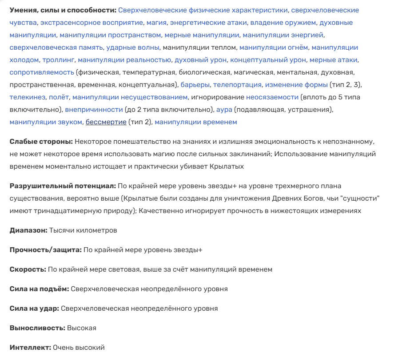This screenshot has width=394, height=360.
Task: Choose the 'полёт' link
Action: [59, 97]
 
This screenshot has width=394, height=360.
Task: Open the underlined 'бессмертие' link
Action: [106, 122]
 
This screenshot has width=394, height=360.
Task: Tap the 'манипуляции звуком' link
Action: [46, 122]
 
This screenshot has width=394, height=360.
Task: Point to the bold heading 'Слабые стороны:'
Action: [41, 142]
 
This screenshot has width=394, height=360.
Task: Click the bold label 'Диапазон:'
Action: [28, 231]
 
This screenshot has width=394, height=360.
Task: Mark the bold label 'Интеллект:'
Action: [30, 348]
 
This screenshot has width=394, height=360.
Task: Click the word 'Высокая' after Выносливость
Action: [82, 328]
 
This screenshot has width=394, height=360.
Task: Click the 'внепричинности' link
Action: [94, 109]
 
